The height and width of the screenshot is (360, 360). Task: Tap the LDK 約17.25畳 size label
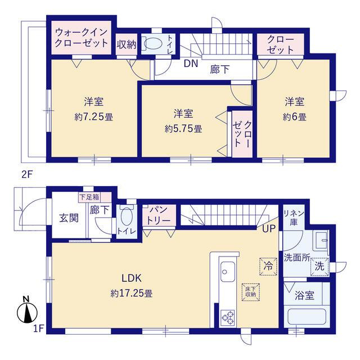pos(132,293)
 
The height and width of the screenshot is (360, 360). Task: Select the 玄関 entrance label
pos(69,218)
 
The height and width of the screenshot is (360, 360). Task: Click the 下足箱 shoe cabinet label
pos(89,197)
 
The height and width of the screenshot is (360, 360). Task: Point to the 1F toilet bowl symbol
pos(126,217)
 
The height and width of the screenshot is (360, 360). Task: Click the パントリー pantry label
pos(159,215)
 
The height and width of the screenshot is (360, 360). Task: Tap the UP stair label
pos(269,229)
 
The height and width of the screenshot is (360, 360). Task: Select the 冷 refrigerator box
pos(268,266)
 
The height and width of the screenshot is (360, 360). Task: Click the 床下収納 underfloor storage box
pos(250,292)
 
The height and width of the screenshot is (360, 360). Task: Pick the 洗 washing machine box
pos(319,266)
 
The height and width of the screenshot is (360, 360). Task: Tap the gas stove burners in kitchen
pos(228,318)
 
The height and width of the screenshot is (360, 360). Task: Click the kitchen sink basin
pos(227,272)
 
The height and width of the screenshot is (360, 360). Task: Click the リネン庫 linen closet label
pos(294,218)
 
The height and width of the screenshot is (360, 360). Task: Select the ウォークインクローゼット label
pos(82,38)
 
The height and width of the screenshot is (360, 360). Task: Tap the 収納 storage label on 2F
pos(127,44)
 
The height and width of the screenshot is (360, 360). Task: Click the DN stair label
pos(191,64)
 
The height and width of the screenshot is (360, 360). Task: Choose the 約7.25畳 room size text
pos(94,118)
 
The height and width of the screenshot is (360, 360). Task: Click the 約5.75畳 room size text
pos(183,129)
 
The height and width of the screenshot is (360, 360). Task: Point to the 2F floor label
pos(27,175)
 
